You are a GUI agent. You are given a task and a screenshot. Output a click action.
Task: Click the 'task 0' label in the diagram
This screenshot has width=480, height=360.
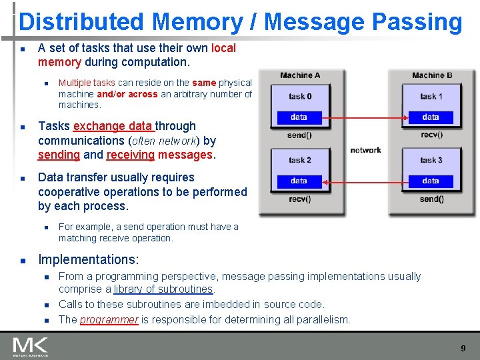pyautogui.click(x=300, y=97)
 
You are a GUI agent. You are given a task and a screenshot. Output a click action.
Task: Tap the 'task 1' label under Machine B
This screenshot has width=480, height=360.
pyautogui.click(x=431, y=97)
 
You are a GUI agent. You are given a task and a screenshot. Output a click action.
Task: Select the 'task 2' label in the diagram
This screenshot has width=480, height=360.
pyautogui.click(x=300, y=160)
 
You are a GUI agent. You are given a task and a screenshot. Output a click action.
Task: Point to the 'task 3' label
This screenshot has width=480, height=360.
pyautogui.click(x=431, y=160)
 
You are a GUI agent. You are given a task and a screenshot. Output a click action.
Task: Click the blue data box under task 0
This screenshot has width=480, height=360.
pyautogui.click(x=299, y=117)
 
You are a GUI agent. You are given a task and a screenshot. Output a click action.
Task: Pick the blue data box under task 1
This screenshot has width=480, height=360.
pyautogui.click(x=431, y=117)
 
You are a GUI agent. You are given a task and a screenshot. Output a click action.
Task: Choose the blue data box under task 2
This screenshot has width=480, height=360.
pyautogui.click(x=299, y=181)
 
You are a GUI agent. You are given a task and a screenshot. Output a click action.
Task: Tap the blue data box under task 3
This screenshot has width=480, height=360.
pyautogui.click(x=431, y=181)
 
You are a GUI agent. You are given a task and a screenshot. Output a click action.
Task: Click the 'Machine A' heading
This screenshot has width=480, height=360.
pyautogui.click(x=300, y=75)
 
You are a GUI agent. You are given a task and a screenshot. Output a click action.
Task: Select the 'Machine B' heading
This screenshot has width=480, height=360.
pyautogui.click(x=432, y=75)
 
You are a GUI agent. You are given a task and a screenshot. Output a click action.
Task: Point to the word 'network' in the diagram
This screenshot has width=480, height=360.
pyautogui.click(x=365, y=150)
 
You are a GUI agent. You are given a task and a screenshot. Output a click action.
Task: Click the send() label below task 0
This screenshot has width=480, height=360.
pyautogui.click(x=299, y=135)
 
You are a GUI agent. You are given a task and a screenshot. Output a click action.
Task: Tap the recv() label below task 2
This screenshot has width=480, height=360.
pyautogui.click(x=299, y=199)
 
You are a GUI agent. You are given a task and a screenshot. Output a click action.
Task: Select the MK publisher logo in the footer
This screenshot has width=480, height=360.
pyautogui.click(x=30, y=347)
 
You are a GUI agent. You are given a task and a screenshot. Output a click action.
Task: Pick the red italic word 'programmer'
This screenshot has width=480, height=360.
pyautogui.click(x=109, y=319)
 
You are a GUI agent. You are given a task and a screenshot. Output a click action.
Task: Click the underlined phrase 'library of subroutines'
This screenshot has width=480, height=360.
pyautogui.click(x=163, y=289)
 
